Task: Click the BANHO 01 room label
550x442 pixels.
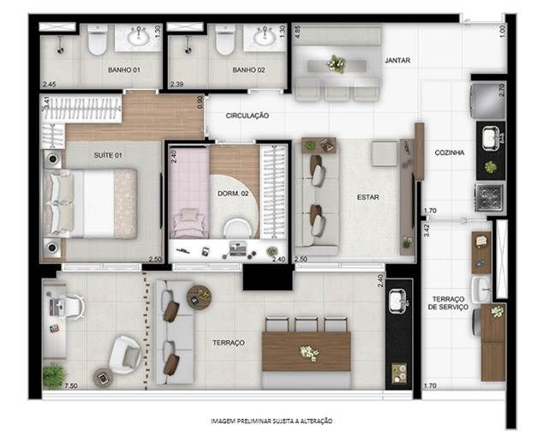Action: click(x=124, y=69)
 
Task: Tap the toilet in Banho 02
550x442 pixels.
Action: click(x=224, y=39)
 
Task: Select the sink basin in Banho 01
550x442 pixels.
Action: click(x=139, y=36)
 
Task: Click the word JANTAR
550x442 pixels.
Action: click(x=398, y=60)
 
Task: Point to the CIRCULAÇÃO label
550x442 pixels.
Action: click(x=248, y=116)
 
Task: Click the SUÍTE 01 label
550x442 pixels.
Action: click(x=108, y=155)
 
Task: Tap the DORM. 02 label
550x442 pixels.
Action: click(x=233, y=194)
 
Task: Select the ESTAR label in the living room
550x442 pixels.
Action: click(x=368, y=198)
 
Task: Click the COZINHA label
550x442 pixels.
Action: click(x=449, y=152)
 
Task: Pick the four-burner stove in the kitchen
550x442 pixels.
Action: click(x=490, y=198)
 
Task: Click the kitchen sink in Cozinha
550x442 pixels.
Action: click(x=492, y=138)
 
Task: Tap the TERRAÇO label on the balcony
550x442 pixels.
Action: click(x=229, y=343)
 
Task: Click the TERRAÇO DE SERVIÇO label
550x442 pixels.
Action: click(x=448, y=303)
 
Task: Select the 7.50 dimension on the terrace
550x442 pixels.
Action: click(x=71, y=385)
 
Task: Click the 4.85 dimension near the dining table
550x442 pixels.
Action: click(x=297, y=32)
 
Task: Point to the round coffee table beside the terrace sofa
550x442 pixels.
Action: click(x=199, y=297)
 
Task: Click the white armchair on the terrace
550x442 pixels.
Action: click(x=125, y=355)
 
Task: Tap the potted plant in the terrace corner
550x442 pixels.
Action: click(x=54, y=376)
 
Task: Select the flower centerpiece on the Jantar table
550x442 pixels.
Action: click(x=337, y=64)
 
